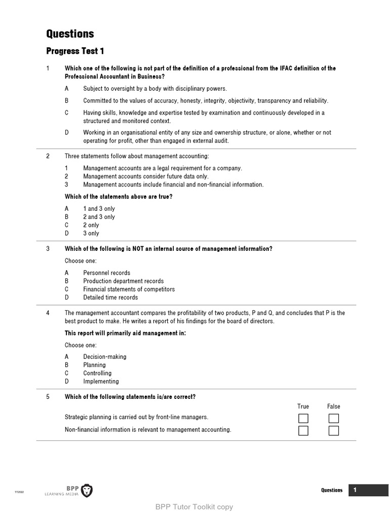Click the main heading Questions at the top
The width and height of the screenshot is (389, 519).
click(x=70, y=34)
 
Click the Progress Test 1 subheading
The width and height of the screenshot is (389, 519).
click(x=75, y=51)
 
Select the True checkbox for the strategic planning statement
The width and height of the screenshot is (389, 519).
click(x=303, y=419)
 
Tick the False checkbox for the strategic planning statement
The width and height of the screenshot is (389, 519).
click(x=333, y=419)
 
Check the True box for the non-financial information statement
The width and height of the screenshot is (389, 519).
click(x=303, y=431)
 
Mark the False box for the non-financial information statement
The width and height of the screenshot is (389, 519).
click(x=333, y=431)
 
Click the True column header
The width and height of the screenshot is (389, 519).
click(x=303, y=406)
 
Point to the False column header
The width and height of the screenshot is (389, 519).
click(x=333, y=406)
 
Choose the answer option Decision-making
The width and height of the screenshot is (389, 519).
click(x=105, y=357)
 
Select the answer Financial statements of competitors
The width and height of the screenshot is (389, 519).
click(x=129, y=289)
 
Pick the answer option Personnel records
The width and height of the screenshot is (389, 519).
click(x=106, y=273)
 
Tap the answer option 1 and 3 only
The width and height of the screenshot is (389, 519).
click(x=99, y=209)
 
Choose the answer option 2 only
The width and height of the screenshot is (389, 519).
click(x=91, y=225)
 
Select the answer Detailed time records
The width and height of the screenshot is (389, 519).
click(x=110, y=298)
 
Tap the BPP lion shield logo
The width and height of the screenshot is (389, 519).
click(x=87, y=490)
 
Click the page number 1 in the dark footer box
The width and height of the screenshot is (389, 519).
click(x=355, y=490)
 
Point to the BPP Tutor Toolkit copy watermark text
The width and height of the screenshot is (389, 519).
click(x=194, y=507)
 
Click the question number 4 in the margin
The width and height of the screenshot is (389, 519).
click(x=48, y=313)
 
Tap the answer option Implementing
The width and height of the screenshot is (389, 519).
click(x=101, y=382)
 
